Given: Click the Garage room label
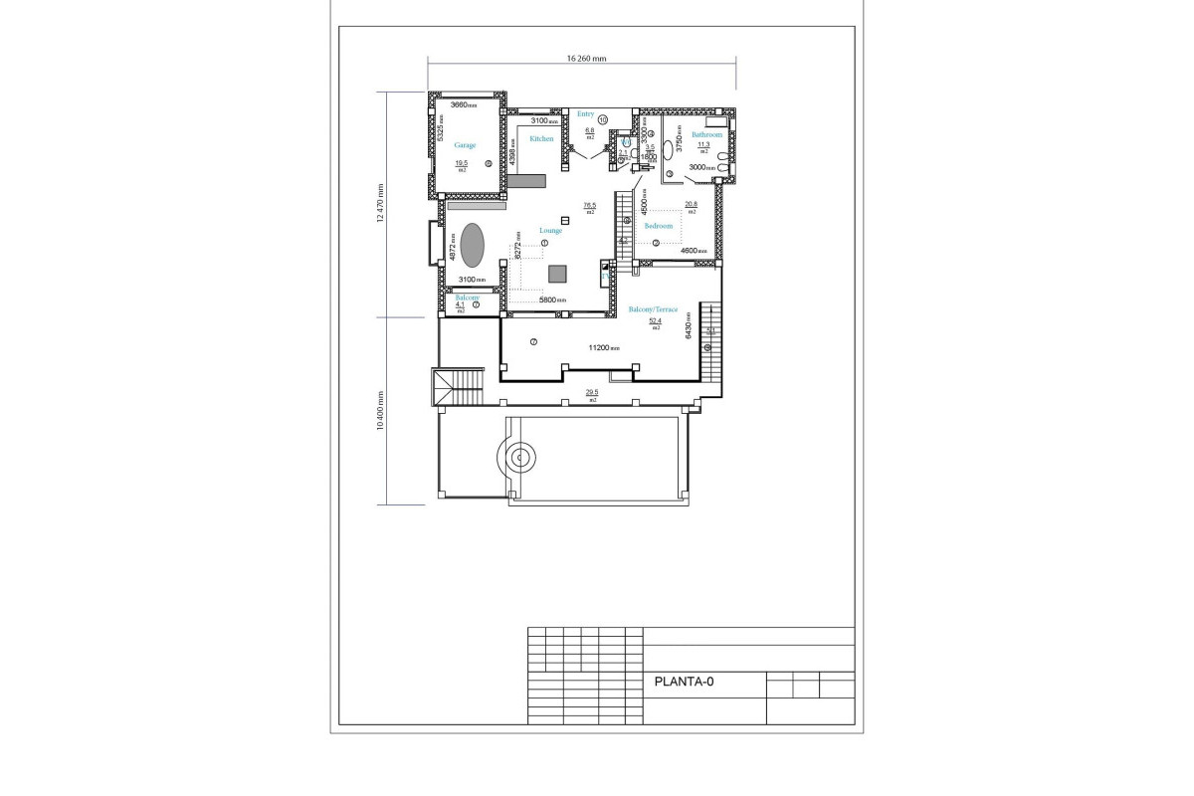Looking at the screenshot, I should pyautogui.click(x=465, y=145).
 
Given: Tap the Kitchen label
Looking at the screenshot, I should pyautogui.click(x=541, y=139).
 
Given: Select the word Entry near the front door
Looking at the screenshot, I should pyautogui.click(x=585, y=114).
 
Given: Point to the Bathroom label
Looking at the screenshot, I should pyautogui.click(x=706, y=134).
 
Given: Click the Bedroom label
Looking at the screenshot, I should pyautogui.click(x=659, y=226).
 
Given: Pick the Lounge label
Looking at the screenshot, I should pyautogui.click(x=550, y=231).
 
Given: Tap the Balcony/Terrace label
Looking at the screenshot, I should pyautogui.click(x=653, y=309).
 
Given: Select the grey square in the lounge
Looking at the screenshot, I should pyautogui.click(x=557, y=274).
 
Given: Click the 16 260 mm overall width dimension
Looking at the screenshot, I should pyautogui.click(x=586, y=59).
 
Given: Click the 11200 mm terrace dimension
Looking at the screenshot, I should pyautogui.click(x=604, y=348).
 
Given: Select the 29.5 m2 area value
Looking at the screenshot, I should pyautogui.click(x=591, y=393).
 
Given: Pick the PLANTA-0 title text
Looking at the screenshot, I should pyautogui.click(x=684, y=683).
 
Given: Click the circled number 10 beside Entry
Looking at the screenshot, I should pyautogui.click(x=603, y=119).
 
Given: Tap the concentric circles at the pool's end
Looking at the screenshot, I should pyautogui.click(x=518, y=459).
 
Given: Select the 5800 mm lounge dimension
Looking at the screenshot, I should pyautogui.click(x=552, y=299).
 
